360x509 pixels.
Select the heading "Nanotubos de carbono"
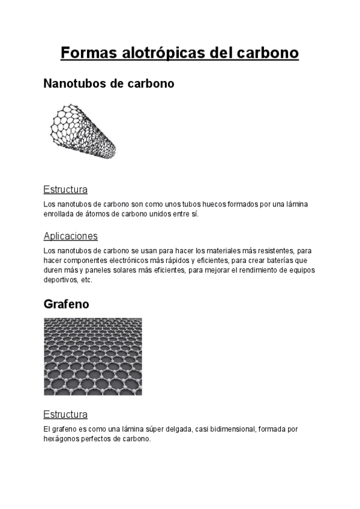tap(109, 84)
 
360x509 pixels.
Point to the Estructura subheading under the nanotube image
tap(65, 190)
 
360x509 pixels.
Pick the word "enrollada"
tap(58, 214)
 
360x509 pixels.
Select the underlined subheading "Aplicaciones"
tap(70, 236)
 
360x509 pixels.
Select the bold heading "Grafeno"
tap(66, 304)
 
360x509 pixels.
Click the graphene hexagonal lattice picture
tap(93, 356)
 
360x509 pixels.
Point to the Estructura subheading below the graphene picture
tap(65, 414)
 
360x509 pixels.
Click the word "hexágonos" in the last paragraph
tap(61, 439)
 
